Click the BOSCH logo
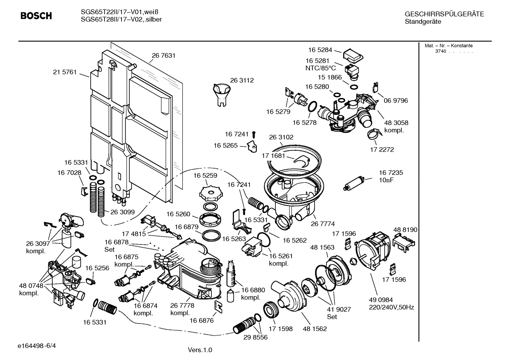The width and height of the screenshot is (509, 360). (36, 16)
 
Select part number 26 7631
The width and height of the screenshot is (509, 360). (163, 55)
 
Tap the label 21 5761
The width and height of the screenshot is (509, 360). (65, 72)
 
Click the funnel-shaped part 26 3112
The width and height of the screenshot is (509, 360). (221, 92)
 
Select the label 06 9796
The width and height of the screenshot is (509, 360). (396, 101)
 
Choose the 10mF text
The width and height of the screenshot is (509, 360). (386, 180)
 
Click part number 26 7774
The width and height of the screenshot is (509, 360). (323, 224)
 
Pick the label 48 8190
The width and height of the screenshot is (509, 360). (405, 230)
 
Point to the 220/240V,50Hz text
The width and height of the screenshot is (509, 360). (391, 307)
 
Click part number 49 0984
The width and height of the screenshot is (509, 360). (381, 300)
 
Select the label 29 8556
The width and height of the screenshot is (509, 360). (256, 337)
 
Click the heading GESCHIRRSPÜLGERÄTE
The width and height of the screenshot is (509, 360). (444, 14)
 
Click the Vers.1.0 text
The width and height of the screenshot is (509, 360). (200, 350)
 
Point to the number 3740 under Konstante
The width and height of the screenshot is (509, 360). (440, 51)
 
